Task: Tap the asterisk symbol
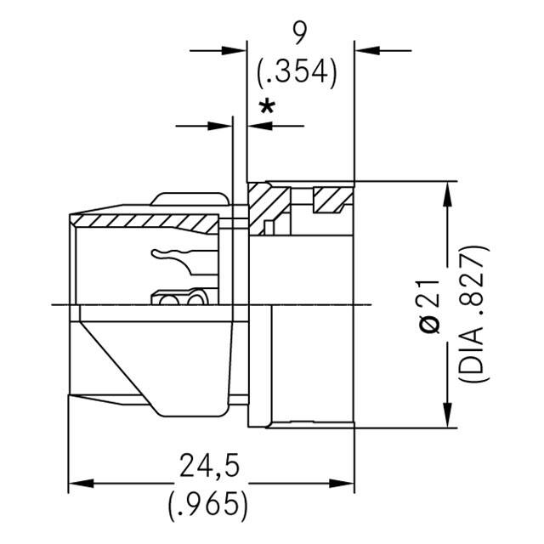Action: click(x=268, y=108)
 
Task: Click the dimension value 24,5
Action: click(x=207, y=467)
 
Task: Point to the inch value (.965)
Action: click(x=207, y=505)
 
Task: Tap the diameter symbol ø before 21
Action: click(x=432, y=326)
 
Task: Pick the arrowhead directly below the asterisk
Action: click(x=256, y=126)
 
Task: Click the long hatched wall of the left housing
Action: click(x=144, y=223)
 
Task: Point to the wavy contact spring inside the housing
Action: click(x=174, y=255)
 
